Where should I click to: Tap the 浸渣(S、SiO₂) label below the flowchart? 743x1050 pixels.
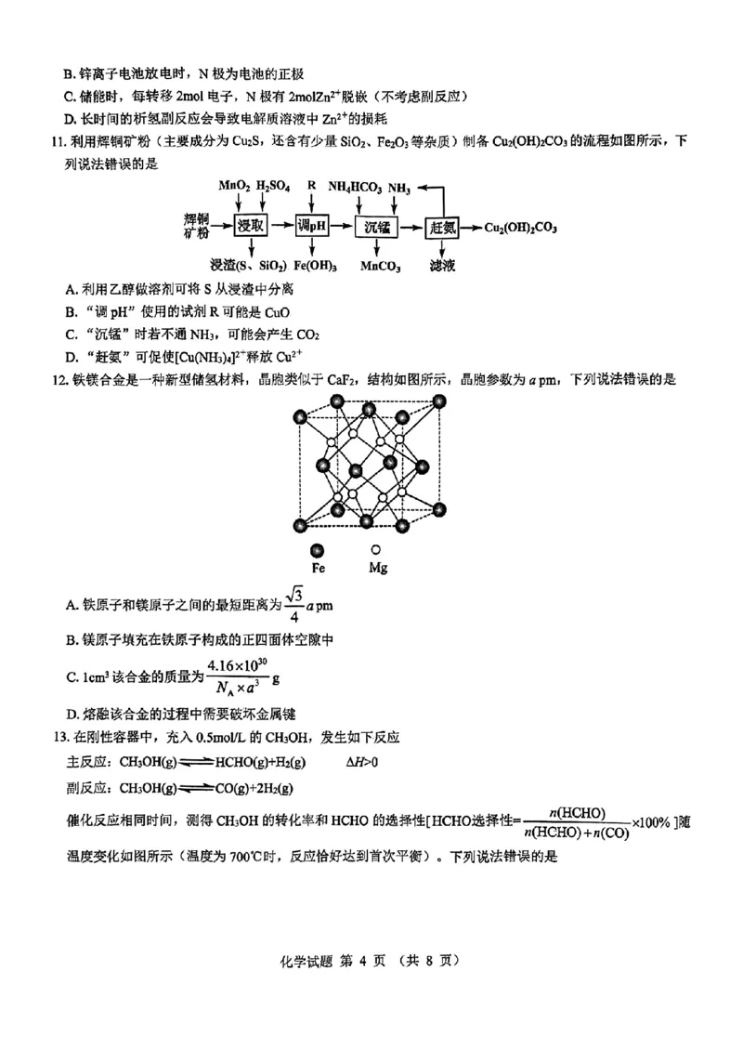pyautogui.click(x=248, y=266)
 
